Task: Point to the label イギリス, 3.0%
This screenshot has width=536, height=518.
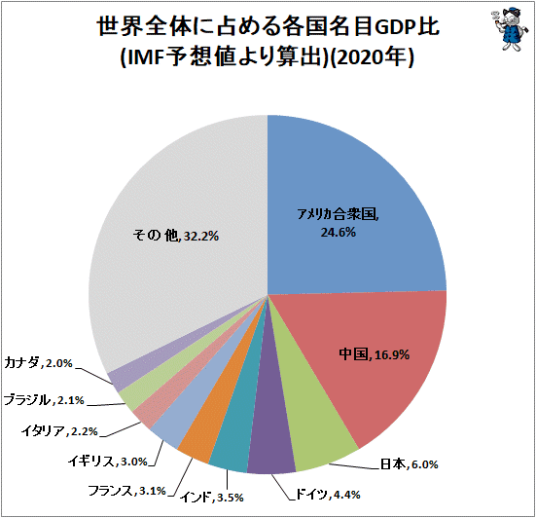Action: [94, 460]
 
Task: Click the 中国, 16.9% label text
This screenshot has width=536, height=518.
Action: [373, 353]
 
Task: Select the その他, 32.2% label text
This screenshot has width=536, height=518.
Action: [170, 235]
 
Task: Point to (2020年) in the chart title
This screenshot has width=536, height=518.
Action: [371, 58]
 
